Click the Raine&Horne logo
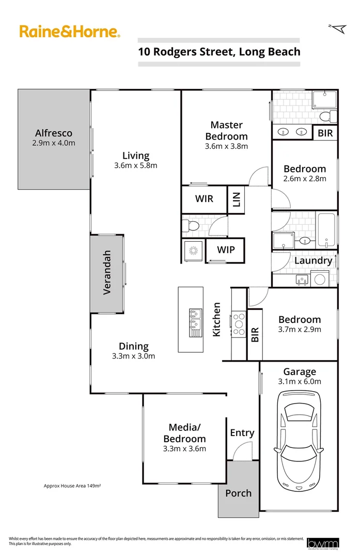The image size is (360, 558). (70, 32)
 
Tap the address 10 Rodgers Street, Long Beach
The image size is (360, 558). (219, 51)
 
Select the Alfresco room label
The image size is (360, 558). (54, 133)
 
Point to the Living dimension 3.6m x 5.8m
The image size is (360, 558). (136, 165)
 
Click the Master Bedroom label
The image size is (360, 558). (226, 130)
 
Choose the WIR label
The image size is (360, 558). (204, 198)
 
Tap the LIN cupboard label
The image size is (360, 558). (237, 199)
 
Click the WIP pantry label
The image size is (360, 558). (226, 250)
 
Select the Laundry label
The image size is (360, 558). (313, 260)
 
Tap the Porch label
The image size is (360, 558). (238, 493)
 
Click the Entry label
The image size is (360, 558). (242, 432)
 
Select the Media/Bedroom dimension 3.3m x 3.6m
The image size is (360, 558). (184, 448)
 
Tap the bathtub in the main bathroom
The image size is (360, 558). (326, 230)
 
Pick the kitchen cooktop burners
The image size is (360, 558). (239, 324)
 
